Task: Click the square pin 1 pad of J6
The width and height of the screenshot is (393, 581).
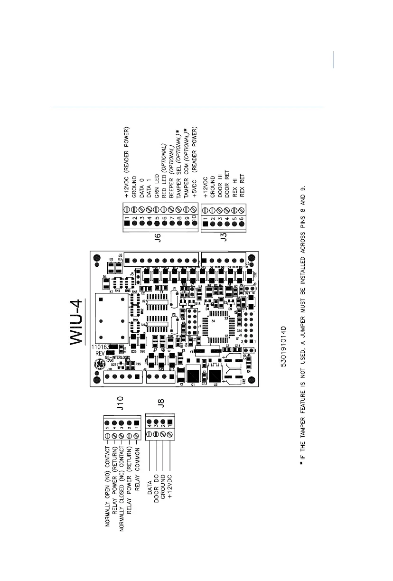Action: coord(127,223)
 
